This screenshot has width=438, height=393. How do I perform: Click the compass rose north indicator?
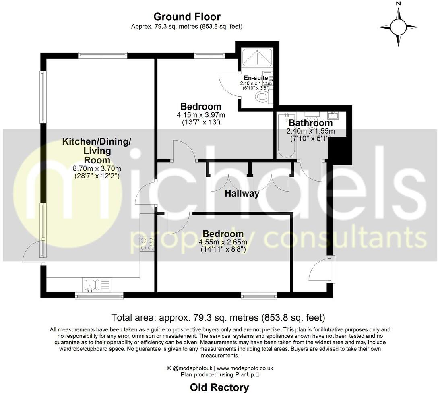point(399,27)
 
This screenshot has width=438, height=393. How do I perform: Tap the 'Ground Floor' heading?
point(187,17)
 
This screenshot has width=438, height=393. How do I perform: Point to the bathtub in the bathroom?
point(287,137)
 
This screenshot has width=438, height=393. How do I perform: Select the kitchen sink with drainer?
point(95,285)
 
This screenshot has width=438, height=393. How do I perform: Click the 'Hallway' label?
point(242,194)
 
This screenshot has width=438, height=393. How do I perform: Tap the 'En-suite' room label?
point(256,78)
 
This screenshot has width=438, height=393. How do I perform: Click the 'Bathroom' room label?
point(310,123)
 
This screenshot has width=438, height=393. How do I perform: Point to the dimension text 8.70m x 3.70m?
point(97,169)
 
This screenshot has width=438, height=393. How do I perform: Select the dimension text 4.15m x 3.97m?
point(201,115)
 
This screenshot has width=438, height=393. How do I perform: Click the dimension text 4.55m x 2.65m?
point(223,242)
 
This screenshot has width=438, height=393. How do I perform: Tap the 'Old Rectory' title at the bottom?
point(219,387)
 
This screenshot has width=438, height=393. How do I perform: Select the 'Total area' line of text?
point(218,317)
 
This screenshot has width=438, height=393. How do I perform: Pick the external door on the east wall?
point(322,269)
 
